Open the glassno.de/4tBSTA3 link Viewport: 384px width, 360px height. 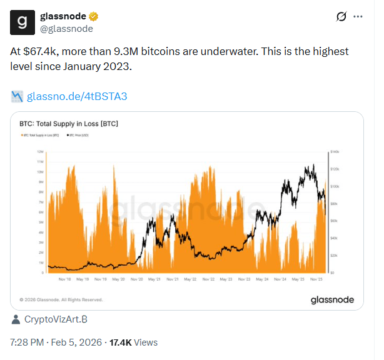pyautogui.click(x=77, y=96)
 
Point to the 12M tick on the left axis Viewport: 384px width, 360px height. pyautogui.click(x=39, y=152)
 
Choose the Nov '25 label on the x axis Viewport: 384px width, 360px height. pyautogui.click(x=316, y=279)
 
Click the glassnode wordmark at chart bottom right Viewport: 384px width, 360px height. pyautogui.click(x=332, y=300)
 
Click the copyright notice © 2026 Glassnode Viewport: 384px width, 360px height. pyautogui.click(x=61, y=300)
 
